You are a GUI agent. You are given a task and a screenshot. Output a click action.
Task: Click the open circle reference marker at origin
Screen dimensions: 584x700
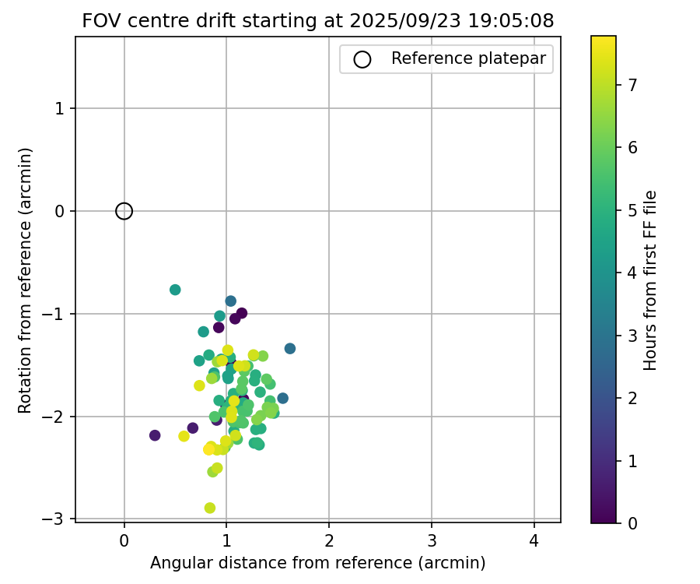(124, 211)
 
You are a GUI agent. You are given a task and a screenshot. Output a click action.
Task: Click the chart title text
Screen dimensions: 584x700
(317, 21)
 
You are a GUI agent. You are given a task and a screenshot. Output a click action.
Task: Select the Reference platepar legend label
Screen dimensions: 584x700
(468, 58)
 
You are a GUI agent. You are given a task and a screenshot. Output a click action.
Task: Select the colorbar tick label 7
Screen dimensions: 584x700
(632, 85)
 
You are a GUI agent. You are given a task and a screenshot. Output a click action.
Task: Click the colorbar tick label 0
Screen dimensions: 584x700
(632, 522)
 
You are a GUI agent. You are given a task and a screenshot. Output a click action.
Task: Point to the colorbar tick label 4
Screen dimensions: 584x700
(632, 273)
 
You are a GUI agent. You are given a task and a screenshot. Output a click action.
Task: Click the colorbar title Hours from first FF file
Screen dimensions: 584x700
(651, 280)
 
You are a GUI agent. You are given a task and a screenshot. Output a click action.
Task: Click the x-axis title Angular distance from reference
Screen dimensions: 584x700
(317, 563)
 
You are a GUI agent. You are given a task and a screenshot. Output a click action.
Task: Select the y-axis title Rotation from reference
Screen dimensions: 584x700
(25, 280)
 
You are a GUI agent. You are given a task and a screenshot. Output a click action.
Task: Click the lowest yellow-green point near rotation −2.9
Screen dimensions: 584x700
(210, 508)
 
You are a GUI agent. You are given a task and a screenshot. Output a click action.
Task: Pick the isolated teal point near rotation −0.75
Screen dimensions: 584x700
(175, 290)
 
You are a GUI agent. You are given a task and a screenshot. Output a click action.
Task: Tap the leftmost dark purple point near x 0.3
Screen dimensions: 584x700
(155, 435)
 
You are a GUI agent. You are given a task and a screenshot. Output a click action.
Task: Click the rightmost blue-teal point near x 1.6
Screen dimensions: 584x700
(290, 348)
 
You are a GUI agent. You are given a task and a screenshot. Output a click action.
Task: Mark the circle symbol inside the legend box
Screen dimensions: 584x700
(362, 58)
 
